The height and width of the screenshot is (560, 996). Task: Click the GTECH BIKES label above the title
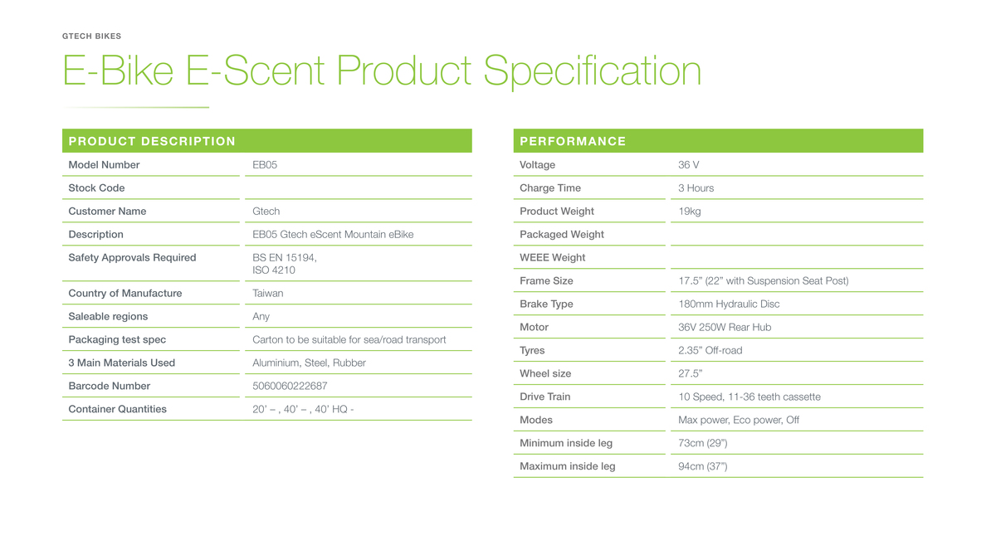coord(91,36)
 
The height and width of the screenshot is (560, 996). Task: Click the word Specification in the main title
coord(593,71)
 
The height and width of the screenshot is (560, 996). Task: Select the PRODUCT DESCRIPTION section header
coord(152,141)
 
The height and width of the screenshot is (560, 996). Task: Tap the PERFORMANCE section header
coord(573,141)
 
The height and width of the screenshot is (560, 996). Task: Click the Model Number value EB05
coord(265,165)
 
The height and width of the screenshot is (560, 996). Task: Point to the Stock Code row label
coord(96,188)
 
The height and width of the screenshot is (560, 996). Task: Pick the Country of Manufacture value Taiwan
coord(267,294)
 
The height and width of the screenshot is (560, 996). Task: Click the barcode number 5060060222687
coord(290,386)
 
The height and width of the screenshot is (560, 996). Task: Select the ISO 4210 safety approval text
coord(273,270)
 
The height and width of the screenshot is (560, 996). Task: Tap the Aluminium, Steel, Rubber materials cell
coord(309,363)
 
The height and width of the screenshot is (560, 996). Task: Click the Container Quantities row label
coord(117,409)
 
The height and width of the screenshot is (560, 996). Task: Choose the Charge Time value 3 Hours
coord(696,188)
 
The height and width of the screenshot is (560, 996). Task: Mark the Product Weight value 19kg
coord(689,212)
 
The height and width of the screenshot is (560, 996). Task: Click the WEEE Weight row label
coord(552,257)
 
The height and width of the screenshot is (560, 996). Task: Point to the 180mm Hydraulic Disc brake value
coord(729,304)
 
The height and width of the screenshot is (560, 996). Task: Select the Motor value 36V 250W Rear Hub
coord(725,327)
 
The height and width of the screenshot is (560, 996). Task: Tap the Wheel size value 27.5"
coord(690,373)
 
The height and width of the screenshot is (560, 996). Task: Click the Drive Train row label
coord(544,397)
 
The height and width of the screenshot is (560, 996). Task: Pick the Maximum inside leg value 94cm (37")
coord(702,466)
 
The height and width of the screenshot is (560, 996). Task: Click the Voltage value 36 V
coord(688,165)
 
